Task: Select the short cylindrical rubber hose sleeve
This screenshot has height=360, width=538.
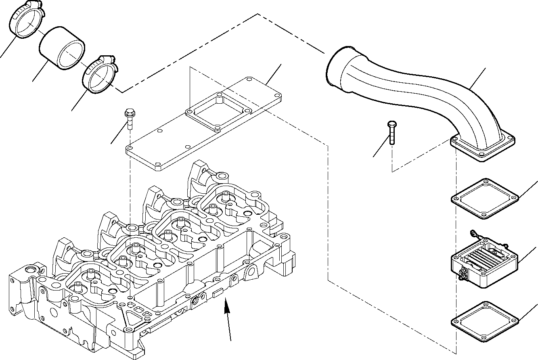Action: (x=63, y=48)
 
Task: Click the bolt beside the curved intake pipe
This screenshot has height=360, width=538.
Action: (x=391, y=132)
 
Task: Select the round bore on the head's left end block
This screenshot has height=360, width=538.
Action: (x=29, y=269)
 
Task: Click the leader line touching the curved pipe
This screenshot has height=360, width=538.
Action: (x=478, y=78)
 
